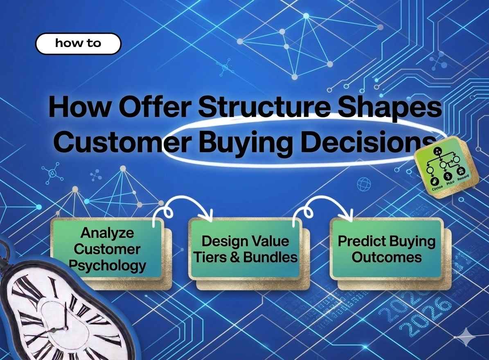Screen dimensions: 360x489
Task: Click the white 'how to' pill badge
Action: [x=78, y=43]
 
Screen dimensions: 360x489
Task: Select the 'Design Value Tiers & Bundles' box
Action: [x=245, y=249]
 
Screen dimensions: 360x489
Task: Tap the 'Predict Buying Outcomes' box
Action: [x=386, y=249]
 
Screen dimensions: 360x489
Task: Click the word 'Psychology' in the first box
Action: [x=107, y=265]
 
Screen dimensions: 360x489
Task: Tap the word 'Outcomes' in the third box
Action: [x=387, y=257]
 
